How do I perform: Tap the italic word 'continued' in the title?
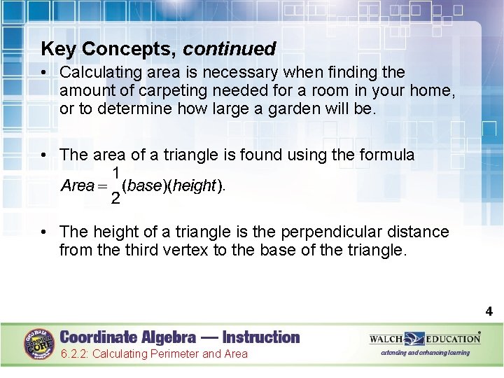(230, 49)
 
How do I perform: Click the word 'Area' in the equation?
(77, 185)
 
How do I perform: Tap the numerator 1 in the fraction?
(115, 173)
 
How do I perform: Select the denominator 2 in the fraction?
(115, 199)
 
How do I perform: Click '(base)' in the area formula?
(143, 185)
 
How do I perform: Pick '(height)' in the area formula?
(196, 185)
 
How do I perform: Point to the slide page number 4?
(489, 311)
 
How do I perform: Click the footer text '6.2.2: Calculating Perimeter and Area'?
(154, 354)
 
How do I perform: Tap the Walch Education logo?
(425, 339)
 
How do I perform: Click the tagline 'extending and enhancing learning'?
(425, 353)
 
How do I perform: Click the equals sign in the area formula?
(104, 186)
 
